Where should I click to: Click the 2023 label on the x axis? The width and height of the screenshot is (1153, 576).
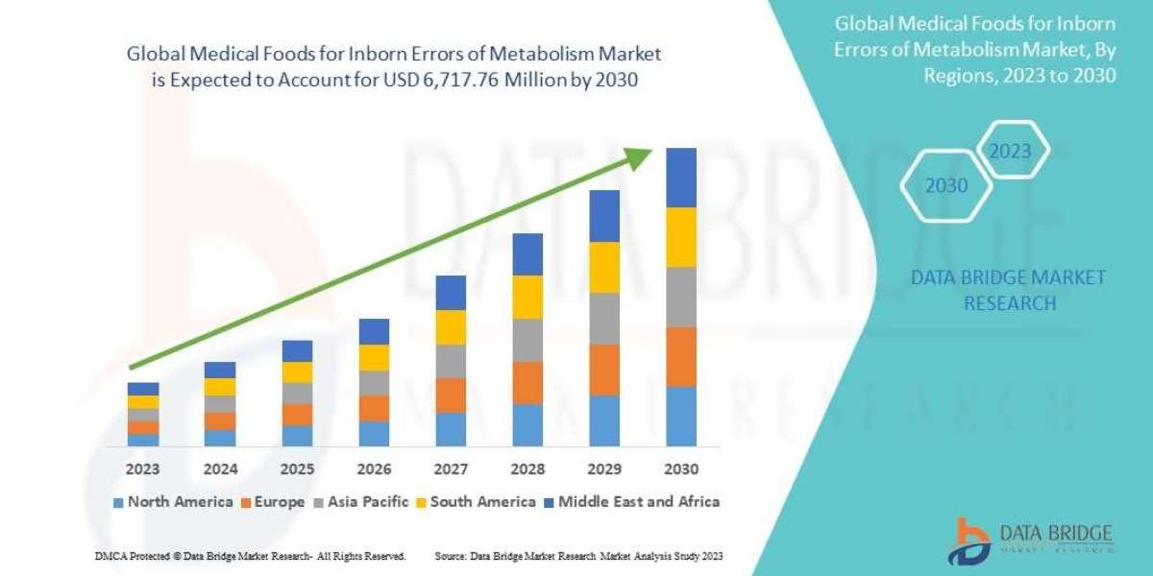(143, 469)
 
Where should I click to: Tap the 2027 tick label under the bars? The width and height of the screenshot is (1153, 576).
(451, 469)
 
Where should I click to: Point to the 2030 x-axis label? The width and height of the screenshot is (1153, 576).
(680, 469)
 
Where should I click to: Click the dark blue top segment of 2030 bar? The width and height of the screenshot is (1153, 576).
(680, 178)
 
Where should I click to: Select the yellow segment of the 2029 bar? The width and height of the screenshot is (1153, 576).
(604, 267)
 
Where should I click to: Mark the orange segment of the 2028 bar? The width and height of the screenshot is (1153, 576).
(527, 382)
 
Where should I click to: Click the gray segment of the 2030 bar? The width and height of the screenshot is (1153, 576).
(680, 297)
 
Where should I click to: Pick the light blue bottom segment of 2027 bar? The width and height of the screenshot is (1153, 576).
(451, 429)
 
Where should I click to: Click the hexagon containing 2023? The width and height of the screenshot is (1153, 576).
(1010, 152)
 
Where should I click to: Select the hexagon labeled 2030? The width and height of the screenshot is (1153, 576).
(946, 186)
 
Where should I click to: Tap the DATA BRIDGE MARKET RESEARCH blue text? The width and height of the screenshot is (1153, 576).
(1009, 290)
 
